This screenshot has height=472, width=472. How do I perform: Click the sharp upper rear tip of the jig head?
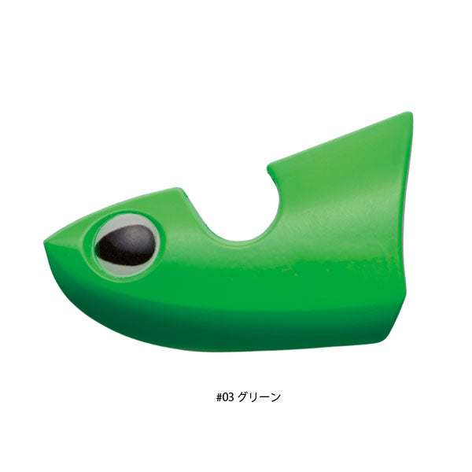(x=409, y=115)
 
